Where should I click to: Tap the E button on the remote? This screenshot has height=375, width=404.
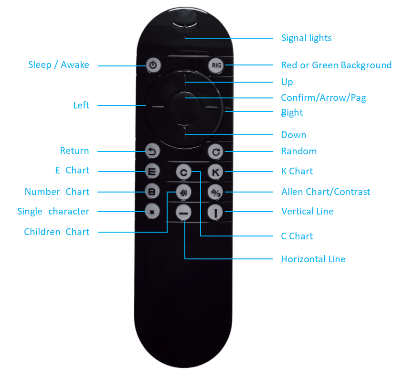152,171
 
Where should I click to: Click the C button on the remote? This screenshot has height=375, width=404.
183,171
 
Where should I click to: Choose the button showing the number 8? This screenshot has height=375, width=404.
152,192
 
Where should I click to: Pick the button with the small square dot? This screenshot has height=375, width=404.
152,211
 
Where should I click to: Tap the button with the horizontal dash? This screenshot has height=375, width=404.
183,212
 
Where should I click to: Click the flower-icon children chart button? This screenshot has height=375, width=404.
183,192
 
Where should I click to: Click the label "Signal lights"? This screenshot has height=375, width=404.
306,38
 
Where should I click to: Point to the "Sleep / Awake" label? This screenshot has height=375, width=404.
59,65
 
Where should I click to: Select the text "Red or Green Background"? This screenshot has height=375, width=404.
336,65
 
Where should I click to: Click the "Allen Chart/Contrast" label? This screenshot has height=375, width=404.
326,192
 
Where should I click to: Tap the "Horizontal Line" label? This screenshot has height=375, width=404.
313,259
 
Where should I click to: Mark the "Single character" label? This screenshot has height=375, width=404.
53,211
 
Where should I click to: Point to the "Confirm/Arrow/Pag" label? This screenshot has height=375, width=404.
323,98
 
